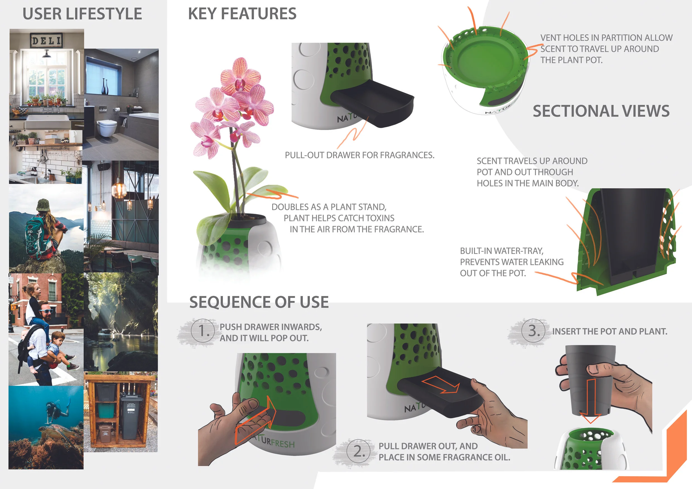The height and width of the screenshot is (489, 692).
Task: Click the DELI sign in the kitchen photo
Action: coord(46,40)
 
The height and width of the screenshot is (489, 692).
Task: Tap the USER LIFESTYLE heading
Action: coord(82,14)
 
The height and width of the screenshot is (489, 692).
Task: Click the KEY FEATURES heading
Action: coord(242,14)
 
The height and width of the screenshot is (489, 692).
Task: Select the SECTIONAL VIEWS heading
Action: coord(601,111)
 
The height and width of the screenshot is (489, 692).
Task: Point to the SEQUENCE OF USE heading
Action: coord(259,302)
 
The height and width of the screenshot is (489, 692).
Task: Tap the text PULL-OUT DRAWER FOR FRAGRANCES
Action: coord(359,155)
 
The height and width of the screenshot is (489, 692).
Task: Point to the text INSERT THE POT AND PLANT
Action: coord(609,331)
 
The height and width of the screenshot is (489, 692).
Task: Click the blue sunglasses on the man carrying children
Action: coord(45,311)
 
